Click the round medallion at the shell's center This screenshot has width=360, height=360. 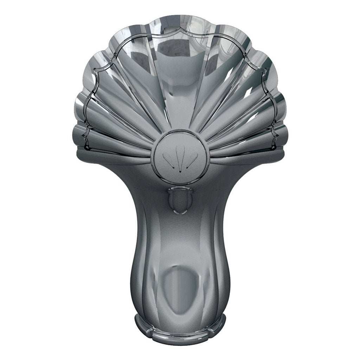pyautogui.click(x=180, y=157)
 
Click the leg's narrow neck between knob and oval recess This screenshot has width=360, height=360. pyautogui.click(x=180, y=239)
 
